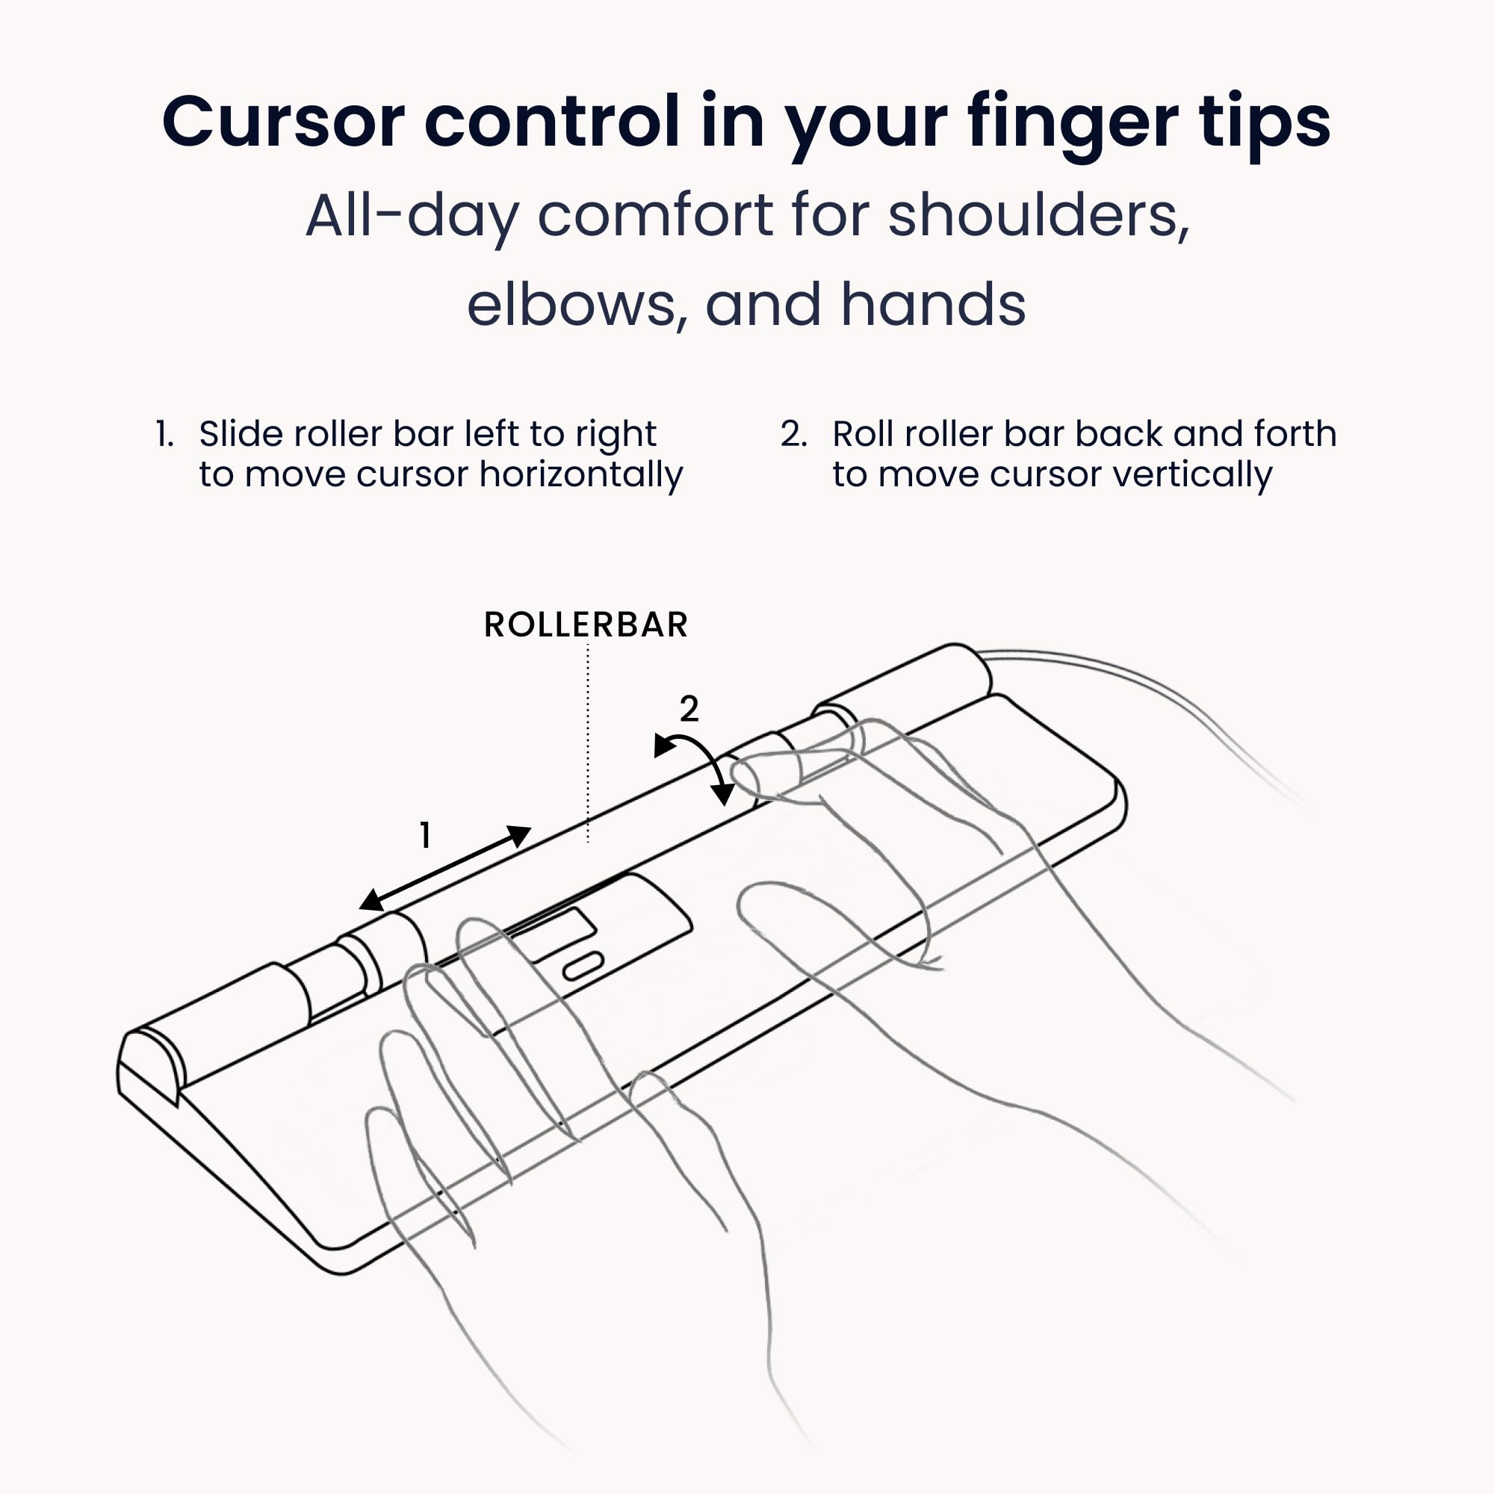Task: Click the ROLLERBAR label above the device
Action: [x=586, y=624]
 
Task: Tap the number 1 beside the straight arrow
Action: [x=424, y=835]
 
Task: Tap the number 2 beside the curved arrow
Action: [x=689, y=708]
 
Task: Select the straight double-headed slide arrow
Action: [x=445, y=867]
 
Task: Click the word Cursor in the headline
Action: [x=283, y=123]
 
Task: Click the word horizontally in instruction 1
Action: [x=580, y=474]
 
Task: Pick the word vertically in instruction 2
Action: [x=1191, y=474]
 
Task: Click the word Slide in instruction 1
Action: [x=238, y=434]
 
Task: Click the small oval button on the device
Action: [x=583, y=967]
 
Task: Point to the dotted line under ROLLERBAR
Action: [x=588, y=743]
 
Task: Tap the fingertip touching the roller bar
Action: [x=754, y=773]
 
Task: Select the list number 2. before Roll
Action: [x=793, y=434]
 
